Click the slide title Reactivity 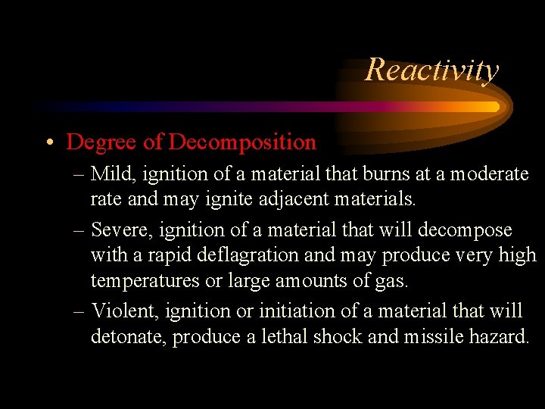point(431,70)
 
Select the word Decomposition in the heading point(242,142)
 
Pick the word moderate point(490,174)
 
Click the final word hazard point(502,337)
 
